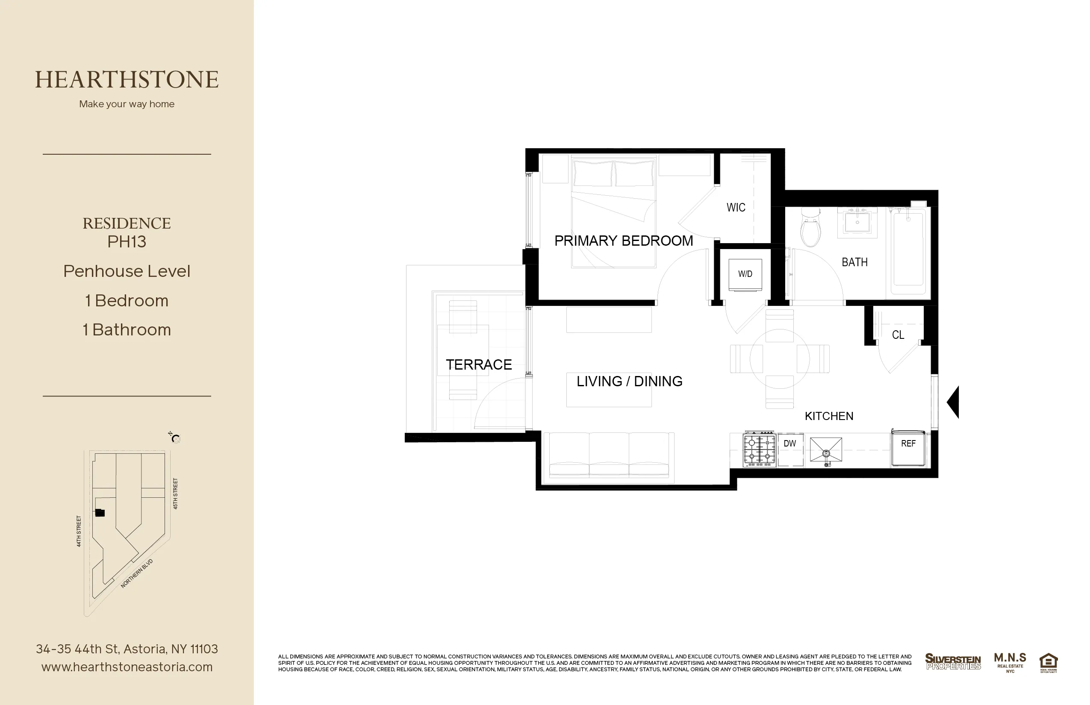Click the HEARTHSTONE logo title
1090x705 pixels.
[x=127, y=79]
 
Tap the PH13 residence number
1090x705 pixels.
[x=127, y=241]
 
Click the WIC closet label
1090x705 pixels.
[x=736, y=207]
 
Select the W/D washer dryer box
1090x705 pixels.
[x=745, y=274]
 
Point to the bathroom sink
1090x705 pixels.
[x=857, y=223]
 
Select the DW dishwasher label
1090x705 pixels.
[x=790, y=444]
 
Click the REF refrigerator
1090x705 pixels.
[x=908, y=448]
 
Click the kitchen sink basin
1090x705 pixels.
[x=826, y=449]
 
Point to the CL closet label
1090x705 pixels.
[x=898, y=335]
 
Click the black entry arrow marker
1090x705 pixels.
[x=954, y=402]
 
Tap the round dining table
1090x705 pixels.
[x=780, y=359]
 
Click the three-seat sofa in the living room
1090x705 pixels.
[x=609, y=455]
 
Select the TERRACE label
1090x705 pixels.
[x=479, y=365]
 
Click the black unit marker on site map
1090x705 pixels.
[x=100, y=513]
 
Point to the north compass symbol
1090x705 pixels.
[x=175, y=438]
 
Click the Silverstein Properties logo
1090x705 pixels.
[x=953, y=661]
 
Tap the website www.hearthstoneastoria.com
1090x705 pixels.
[x=127, y=667]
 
